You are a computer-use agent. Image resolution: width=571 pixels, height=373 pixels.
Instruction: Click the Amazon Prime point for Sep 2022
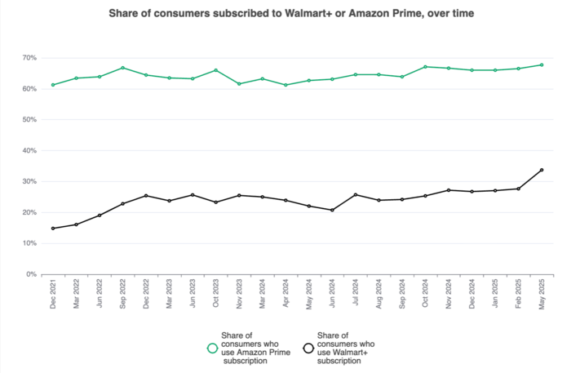tap(122, 68)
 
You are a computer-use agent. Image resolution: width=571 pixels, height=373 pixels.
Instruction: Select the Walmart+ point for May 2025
tap(542, 170)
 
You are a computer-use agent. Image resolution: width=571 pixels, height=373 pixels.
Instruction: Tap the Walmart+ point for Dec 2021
tap(53, 229)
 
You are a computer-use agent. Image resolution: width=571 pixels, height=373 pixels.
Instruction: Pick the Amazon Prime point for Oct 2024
tap(425, 67)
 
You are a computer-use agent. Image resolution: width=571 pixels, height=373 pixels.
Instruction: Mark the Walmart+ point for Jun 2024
tap(332, 211)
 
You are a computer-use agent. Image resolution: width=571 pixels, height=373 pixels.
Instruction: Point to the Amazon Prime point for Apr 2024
tap(285, 85)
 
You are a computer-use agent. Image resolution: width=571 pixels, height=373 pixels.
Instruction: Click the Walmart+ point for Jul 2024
tap(356, 194)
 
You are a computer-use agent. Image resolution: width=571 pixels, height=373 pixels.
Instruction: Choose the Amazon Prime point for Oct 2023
tap(216, 70)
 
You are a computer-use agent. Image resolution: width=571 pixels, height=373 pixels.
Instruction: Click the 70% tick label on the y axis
tap(29, 58)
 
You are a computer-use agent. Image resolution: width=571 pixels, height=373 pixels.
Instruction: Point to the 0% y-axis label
tap(31, 274)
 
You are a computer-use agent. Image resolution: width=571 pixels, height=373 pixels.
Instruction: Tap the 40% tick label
tap(29, 150)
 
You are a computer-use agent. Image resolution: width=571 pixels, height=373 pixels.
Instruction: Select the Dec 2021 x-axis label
tap(53, 294)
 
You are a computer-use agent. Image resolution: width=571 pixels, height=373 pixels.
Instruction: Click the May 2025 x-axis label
tap(542, 295)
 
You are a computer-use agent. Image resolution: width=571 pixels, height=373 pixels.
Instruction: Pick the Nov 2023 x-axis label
tap(239, 294)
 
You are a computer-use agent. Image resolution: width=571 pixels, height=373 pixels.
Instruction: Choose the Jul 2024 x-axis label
tap(356, 292)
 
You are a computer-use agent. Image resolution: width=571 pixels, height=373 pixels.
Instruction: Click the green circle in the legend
tap(212, 349)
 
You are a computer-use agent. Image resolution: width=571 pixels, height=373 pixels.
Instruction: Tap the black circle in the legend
tap(308, 349)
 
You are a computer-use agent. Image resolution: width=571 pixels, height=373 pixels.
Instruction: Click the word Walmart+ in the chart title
tap(308, 13)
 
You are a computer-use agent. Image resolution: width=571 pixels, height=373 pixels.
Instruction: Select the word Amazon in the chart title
tap(368, 13)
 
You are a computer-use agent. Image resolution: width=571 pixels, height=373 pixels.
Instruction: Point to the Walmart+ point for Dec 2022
tap(146, 196)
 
